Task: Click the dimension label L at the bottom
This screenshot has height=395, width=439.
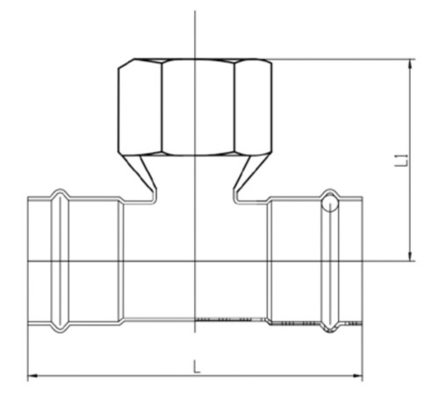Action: (197, 367)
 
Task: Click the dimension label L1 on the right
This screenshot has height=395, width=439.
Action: (401, 160)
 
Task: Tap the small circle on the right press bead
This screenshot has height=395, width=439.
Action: (329, 204)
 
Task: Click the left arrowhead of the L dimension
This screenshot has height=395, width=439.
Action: (32, 376)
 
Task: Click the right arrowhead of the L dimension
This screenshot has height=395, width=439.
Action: (357, 376)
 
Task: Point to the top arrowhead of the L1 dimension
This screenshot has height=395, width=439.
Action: (411, 64)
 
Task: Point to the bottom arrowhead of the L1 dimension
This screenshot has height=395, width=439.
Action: (411, 255)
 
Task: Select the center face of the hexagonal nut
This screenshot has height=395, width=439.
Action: (198, 107)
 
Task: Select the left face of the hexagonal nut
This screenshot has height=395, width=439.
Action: (140, 107)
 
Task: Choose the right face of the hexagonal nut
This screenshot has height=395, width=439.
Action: (253, 107)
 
